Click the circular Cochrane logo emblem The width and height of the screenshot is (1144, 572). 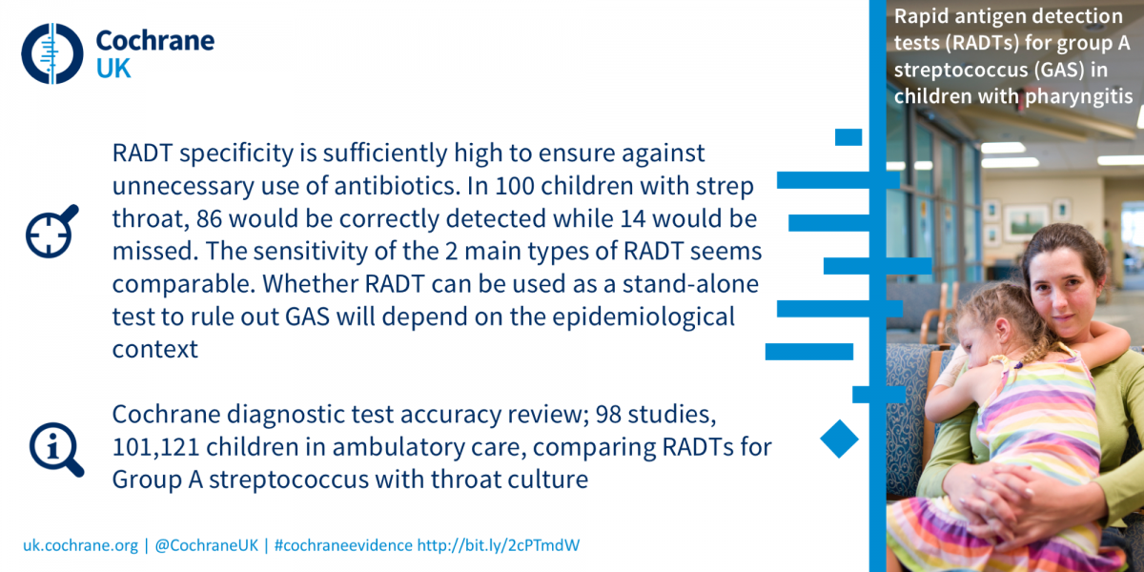52,53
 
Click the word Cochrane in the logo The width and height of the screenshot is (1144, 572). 155,41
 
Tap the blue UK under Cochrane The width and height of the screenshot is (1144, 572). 113,69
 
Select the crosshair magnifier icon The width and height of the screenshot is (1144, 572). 52,232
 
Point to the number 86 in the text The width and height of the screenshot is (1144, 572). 210,218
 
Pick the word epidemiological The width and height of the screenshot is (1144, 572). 643,317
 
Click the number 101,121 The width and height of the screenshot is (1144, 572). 155,447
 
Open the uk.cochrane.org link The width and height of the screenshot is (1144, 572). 80,545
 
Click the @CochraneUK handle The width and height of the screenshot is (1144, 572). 207,545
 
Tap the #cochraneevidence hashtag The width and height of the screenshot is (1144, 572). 343,545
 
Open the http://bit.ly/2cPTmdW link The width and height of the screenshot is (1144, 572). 499,545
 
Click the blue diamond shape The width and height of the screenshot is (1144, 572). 839,439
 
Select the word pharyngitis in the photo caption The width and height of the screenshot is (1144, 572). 1078,97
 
